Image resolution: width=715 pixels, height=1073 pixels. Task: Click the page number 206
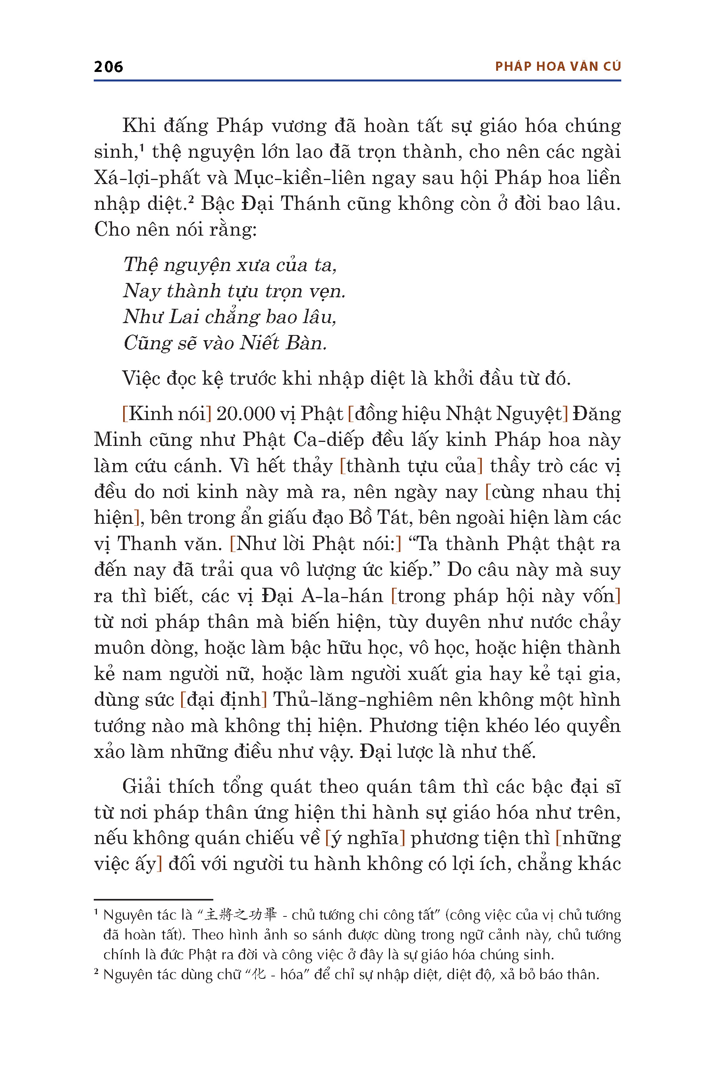[108, 67]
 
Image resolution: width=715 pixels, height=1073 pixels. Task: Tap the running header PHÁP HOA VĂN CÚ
[558, 67]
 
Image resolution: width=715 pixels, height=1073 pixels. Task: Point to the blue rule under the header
[357, 81]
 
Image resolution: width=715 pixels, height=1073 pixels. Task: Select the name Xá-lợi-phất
[147, 178]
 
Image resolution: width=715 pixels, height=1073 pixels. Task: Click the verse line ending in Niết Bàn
[225, 343]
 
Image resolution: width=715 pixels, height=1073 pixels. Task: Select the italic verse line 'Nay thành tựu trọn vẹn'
[234, 291]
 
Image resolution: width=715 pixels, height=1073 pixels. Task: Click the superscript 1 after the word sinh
[142, 147]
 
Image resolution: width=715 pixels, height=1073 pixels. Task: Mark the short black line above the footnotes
[153, 899]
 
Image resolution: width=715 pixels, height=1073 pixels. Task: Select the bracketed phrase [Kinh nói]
[166, 414]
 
